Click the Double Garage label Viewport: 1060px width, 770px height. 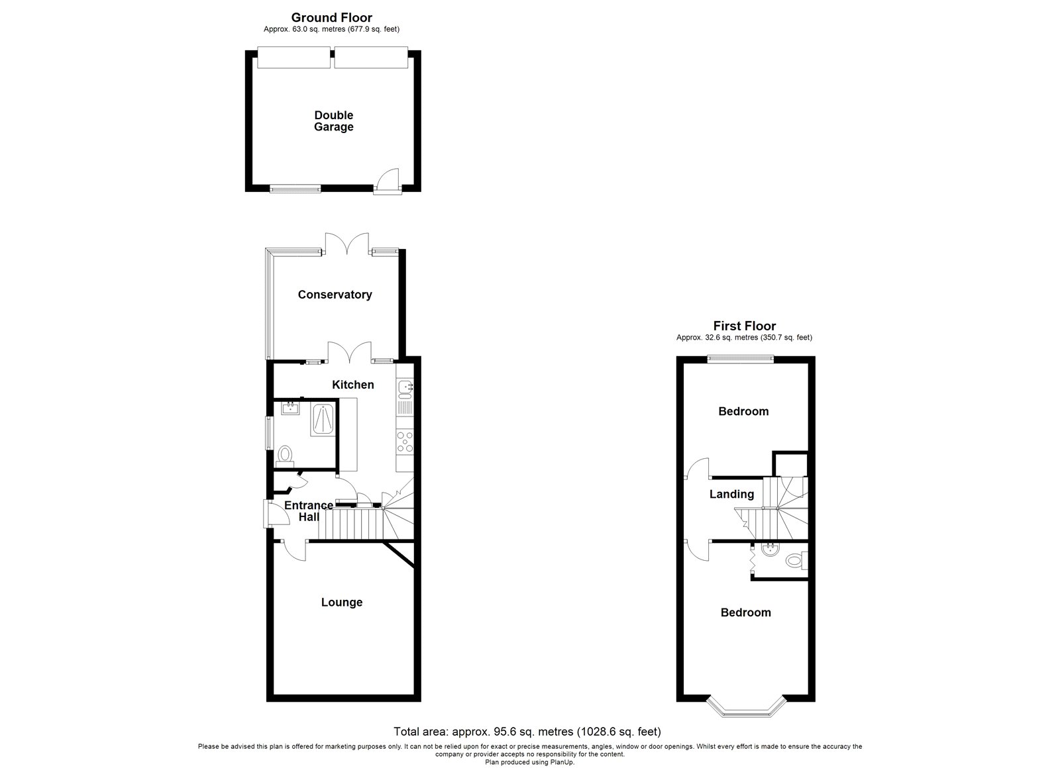[333, 121]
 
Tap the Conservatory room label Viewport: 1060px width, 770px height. [335, 295]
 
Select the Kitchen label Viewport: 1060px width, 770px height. [353, 385]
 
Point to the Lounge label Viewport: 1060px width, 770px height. [342, 602]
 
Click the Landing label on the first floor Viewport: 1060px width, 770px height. [731, 494]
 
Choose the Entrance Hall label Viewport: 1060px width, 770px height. [309, 511]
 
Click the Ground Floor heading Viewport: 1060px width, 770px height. [331, 18]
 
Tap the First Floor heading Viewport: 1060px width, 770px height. [744, 326]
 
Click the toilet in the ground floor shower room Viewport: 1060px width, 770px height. [286, 454]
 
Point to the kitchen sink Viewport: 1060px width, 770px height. [405, 386]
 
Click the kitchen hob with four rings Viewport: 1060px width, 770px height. [404, 442]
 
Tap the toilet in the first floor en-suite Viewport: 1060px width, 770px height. [794, 562]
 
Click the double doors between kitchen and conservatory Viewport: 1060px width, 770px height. [350, 352]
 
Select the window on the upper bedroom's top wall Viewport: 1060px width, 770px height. [740, 359]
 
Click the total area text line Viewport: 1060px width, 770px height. [527, 732]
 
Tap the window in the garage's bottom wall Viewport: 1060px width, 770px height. [295, 189]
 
